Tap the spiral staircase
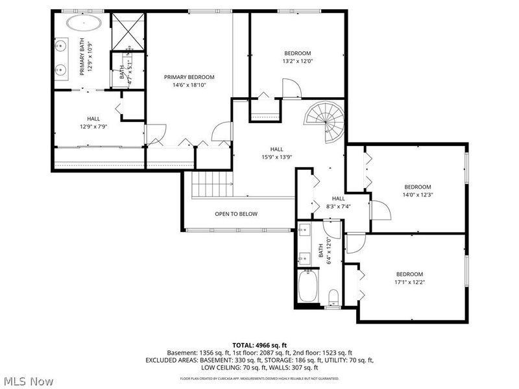(x=326, y=123)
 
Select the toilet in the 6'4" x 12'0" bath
(x=334, y=297)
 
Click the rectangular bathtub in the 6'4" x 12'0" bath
(x=308, y=285)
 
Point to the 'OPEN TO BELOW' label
(x=236, y=214)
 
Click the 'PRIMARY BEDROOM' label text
(x=189, y=77)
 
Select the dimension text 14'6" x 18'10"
(x=189, y=85)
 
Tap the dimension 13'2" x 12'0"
(x=298, y=62)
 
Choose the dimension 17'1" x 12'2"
(x=409, y=282)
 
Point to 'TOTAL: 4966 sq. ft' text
(x=259, y=345)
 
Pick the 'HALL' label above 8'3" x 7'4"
(x=338, y=198)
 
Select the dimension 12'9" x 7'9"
(x=93, y=126)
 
